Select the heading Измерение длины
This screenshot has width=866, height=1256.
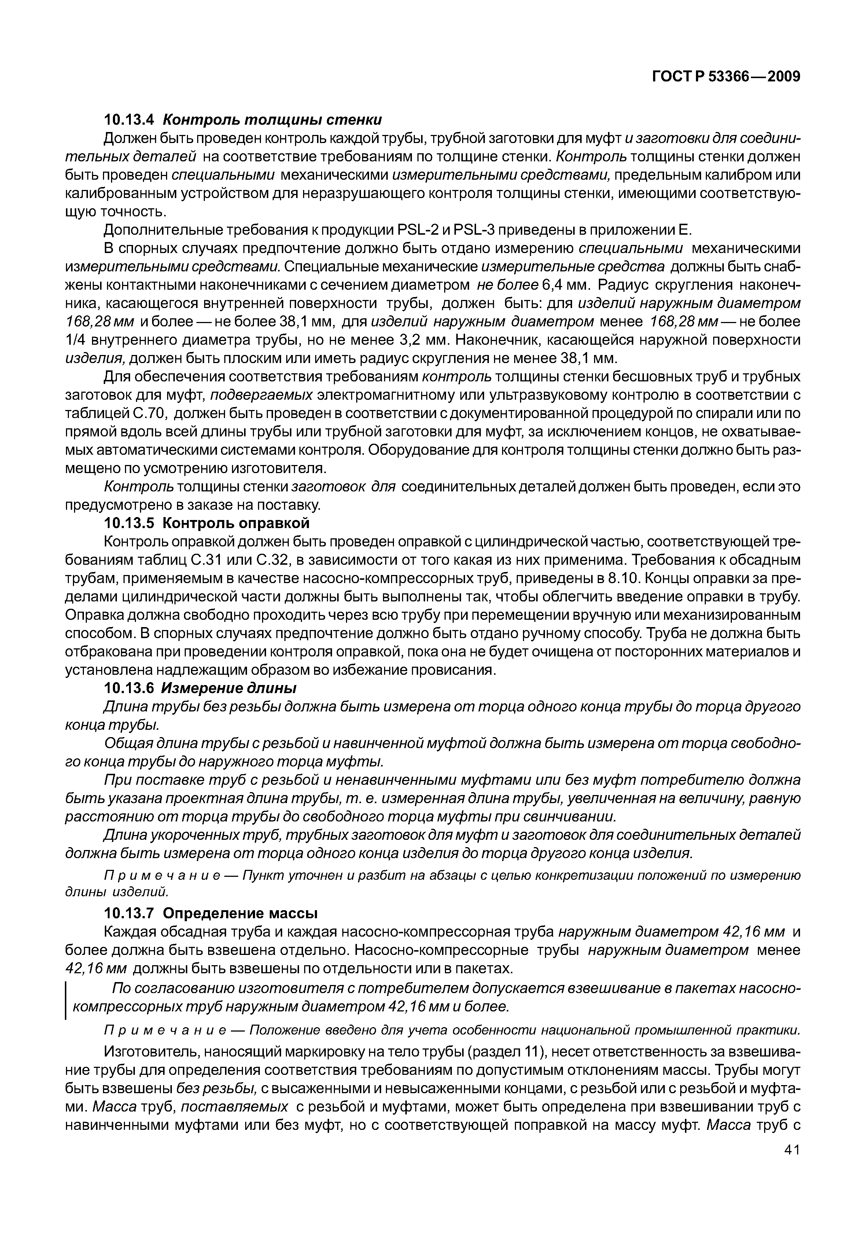pos(229,688)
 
